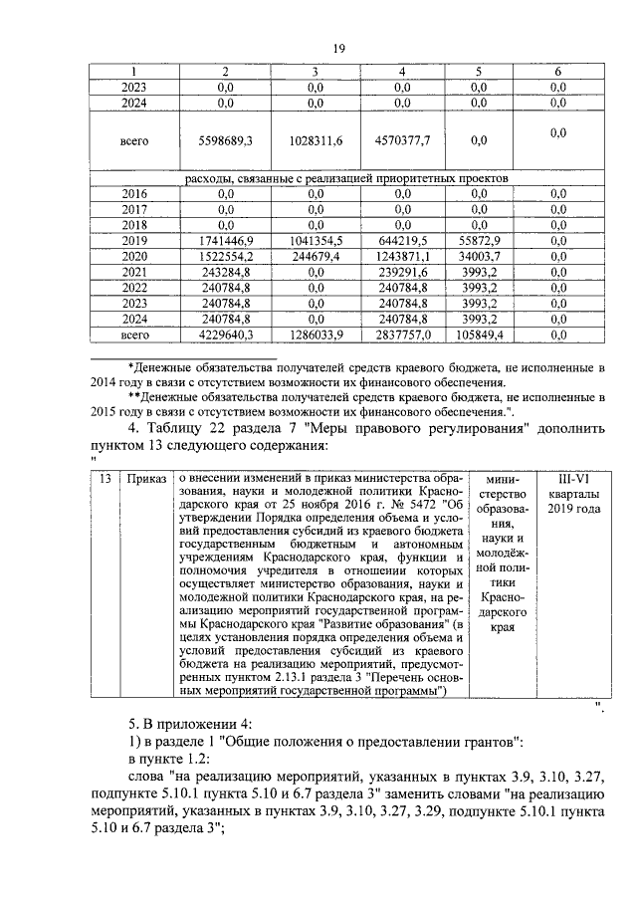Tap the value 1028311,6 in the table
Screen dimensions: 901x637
(x=315, y=141)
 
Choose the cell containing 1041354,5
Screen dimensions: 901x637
(x=315, y=241)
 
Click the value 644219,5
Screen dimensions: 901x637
(x=401, y=241)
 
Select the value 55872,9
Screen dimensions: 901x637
(x=479, y=241)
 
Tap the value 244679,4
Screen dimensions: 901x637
(x=315, y=257)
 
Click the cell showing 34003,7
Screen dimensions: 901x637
(x=479, y=257)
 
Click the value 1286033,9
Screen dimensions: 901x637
(x=315, y=336)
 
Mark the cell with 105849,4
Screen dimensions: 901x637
(x=479, y=336)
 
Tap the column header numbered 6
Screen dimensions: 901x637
(x=557, y=72)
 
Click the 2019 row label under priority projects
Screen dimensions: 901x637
(x=134, y=241)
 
